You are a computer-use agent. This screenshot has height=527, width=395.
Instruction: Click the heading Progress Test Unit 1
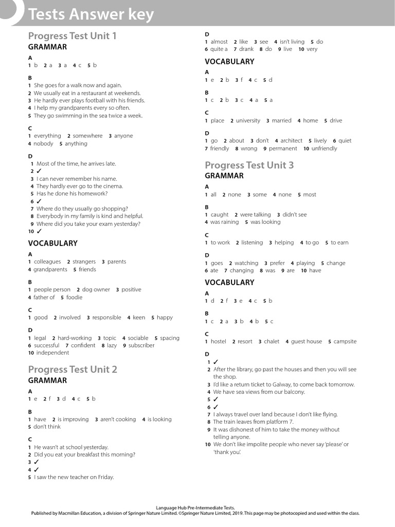(x=72, y=36)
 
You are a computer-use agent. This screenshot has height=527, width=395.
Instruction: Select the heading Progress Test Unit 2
(x=73, y=369)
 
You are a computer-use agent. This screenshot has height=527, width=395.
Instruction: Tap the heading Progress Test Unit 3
(x=249, y=165)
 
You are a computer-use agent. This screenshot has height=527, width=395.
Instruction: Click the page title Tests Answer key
(x=91, y=14)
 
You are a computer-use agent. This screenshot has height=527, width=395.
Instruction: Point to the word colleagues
(x=47, y=261)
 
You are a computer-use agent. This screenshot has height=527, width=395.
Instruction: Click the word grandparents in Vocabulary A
(x=50, y=269)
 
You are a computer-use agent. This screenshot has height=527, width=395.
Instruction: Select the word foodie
(x=74, y=297)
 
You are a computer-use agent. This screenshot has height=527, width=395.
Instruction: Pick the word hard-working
(x=75, y=338)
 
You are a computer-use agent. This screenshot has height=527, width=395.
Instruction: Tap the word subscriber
(x=141, y=345)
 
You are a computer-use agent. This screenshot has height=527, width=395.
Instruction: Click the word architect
(x=291, y=140)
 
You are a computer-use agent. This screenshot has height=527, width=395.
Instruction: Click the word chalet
(x=272, y=341)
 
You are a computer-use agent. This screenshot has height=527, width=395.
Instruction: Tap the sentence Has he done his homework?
(x=72, y=194)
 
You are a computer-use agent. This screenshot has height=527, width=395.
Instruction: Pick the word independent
(x=52, y=353)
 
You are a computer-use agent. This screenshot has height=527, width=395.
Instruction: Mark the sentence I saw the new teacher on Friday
(x=74, y=477)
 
